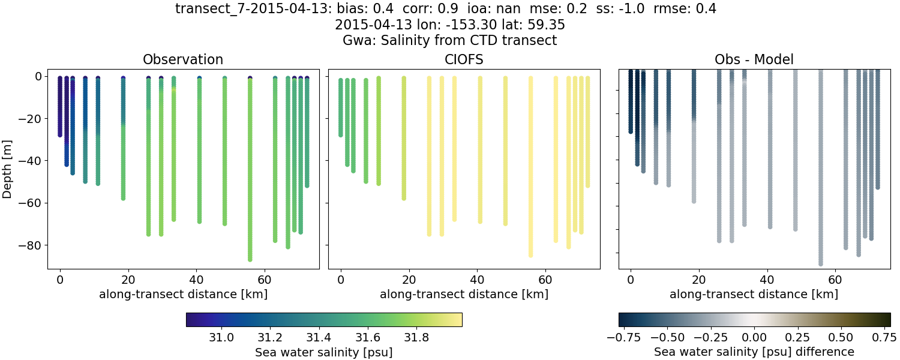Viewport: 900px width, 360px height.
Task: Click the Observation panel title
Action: [183, 59]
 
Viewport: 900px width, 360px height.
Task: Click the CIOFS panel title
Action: [464, 59]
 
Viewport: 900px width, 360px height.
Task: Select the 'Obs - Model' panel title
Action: [754, 59]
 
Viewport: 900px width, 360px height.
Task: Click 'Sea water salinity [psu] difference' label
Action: [754, 352]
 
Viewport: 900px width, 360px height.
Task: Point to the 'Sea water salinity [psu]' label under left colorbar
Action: [324, 352]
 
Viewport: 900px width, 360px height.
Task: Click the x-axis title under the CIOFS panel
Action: [464, 295]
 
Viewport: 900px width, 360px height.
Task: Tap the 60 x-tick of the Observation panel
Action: [265, 280]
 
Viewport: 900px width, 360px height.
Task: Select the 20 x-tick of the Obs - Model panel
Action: [699, 280]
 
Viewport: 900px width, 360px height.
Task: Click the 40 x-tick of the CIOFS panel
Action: [477, 280]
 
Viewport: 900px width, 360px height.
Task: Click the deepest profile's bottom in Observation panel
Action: [250, 259]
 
